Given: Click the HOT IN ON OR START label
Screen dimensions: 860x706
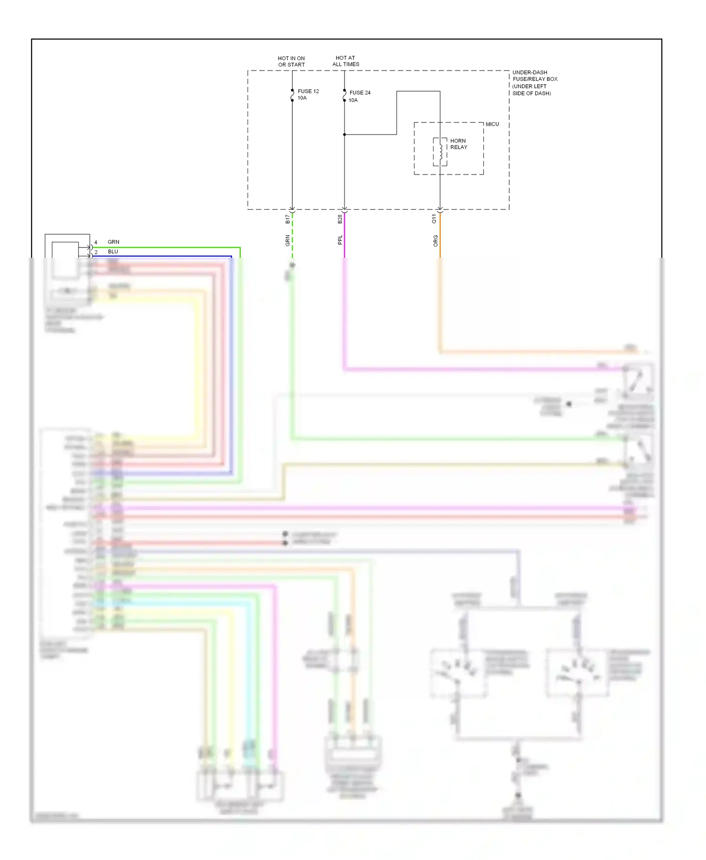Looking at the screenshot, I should coord(291,62).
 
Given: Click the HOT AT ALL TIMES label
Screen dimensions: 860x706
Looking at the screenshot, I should coord(345,61).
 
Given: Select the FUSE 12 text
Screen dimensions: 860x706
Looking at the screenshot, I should coord(308,91).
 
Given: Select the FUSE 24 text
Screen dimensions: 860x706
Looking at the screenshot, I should coord(360,93).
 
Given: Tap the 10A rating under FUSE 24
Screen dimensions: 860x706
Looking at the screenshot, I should coord(353,100).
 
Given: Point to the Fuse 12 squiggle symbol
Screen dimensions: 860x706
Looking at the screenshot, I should coord(292,96).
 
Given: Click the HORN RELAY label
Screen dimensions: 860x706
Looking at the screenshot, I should coord(458,144).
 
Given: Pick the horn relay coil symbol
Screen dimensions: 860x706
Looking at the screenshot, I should coord(440,151).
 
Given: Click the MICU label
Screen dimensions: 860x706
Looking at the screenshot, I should coord(492,124).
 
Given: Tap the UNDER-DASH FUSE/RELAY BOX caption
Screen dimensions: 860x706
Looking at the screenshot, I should coord(535,83).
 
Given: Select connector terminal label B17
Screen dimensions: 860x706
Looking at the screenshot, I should coord(288,219).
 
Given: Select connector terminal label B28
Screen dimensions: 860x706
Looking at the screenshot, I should coord(340,219).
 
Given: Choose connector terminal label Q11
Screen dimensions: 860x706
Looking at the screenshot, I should coord(434,219).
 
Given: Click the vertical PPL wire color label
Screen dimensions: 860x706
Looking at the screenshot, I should coord(340,240).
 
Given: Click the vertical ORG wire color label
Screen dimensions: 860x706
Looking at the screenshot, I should coord(435,241).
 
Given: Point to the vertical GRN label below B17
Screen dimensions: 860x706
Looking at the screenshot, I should coord(288,241).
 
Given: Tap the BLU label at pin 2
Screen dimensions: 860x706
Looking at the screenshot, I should coord(113,252).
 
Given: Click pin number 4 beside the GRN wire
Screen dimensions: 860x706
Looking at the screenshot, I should coord(96,243).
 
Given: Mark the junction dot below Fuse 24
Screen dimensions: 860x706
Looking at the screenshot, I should coord(345,135).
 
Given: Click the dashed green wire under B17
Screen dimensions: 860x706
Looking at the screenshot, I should coord(292,235).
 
